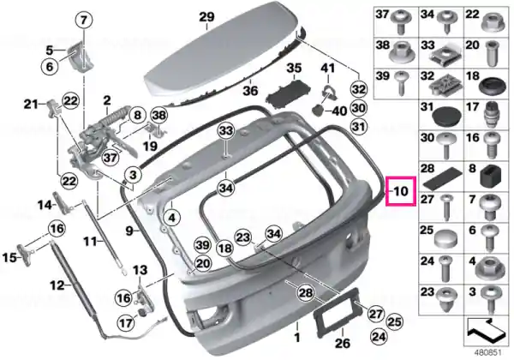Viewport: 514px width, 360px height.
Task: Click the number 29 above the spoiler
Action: point(207,17)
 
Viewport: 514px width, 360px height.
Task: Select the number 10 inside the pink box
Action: point(401,191)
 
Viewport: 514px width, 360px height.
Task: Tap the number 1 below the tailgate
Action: point(297,338)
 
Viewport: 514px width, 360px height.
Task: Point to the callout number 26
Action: point(343,343)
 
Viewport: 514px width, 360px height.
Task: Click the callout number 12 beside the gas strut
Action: point(57,285)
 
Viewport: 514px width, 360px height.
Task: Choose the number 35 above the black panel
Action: point(294,69)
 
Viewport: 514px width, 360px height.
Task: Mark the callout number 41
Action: point(328,68)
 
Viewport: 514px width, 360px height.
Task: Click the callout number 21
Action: point(31,105)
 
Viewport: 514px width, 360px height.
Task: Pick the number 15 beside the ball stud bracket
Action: point(9,257)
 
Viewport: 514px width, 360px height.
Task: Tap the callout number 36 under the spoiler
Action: point(250,90)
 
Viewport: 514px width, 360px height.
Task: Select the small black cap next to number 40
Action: point(317,110)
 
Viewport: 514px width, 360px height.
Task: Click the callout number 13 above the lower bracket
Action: point(140,271)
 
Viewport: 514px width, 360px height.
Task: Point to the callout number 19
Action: point(150,146)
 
